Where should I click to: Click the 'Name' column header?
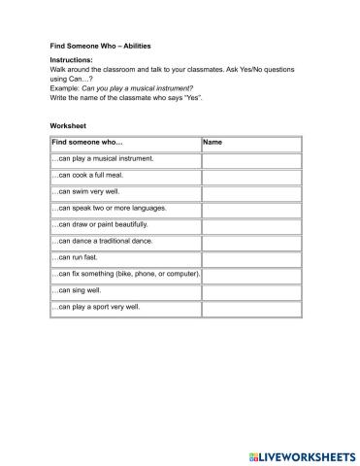214,143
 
